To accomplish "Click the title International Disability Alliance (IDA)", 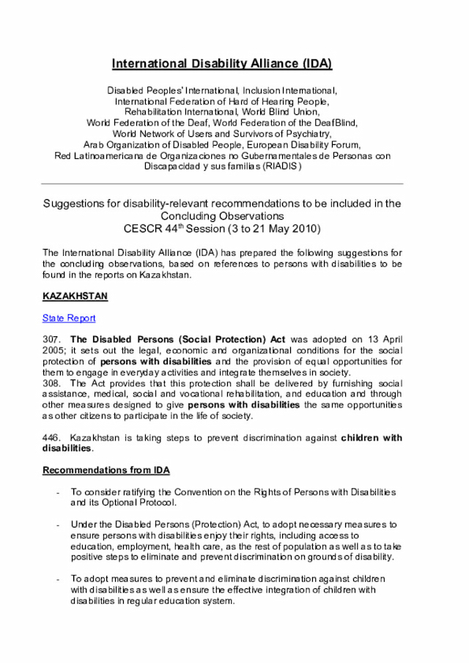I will coord(222,64).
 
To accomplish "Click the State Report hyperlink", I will coord(69,318).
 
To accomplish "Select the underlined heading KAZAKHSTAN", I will coord(75,296).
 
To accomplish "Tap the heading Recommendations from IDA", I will coord(106,470).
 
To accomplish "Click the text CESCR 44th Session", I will coord(174,229).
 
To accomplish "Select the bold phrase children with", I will coord(372,438).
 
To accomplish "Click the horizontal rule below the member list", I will coord(222,183).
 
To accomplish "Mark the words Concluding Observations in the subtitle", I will coord(222,216).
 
